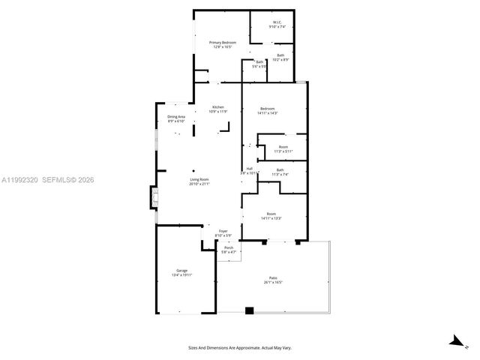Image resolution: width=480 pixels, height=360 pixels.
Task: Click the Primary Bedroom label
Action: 223,45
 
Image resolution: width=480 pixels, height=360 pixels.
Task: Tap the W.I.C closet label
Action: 277,25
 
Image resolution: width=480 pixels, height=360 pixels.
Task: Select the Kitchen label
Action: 218,109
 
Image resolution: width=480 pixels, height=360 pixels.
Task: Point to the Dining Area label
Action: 176,118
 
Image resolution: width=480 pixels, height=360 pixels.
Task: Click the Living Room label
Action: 199,181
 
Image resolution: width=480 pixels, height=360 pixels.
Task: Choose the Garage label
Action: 182,272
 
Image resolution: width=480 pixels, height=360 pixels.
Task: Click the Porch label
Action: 229,249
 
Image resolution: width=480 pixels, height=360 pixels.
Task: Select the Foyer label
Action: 223,233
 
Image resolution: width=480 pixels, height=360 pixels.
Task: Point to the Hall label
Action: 249,170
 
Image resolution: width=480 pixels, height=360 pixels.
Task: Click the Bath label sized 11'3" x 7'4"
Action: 280,172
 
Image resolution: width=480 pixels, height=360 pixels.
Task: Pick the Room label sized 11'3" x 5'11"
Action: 283,148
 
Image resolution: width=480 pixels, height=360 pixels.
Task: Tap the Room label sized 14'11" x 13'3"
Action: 271,216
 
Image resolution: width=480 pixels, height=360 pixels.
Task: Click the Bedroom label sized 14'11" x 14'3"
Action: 268,111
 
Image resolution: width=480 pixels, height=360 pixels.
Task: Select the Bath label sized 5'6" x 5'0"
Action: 259,64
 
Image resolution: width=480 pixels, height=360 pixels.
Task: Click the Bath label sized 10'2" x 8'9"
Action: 280,57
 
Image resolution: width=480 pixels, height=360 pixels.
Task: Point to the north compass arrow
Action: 454,341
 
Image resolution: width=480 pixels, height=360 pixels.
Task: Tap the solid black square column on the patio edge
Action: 250,310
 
